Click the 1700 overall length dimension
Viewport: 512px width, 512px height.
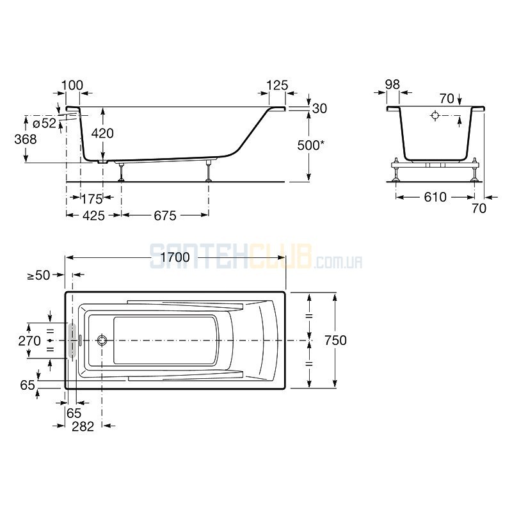[175, 257]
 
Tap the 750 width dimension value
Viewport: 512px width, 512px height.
[335, 340]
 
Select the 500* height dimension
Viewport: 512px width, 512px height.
[310, 145]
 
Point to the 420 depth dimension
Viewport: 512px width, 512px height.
[102, 133]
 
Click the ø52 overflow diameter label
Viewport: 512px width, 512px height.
[45, 124]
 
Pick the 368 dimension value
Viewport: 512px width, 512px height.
[26, 139]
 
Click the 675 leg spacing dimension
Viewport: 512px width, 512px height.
[165, 216]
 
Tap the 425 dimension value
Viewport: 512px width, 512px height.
[93, 216]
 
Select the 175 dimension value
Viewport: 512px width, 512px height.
[92, 198]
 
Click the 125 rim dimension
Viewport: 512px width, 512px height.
[278, 85]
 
